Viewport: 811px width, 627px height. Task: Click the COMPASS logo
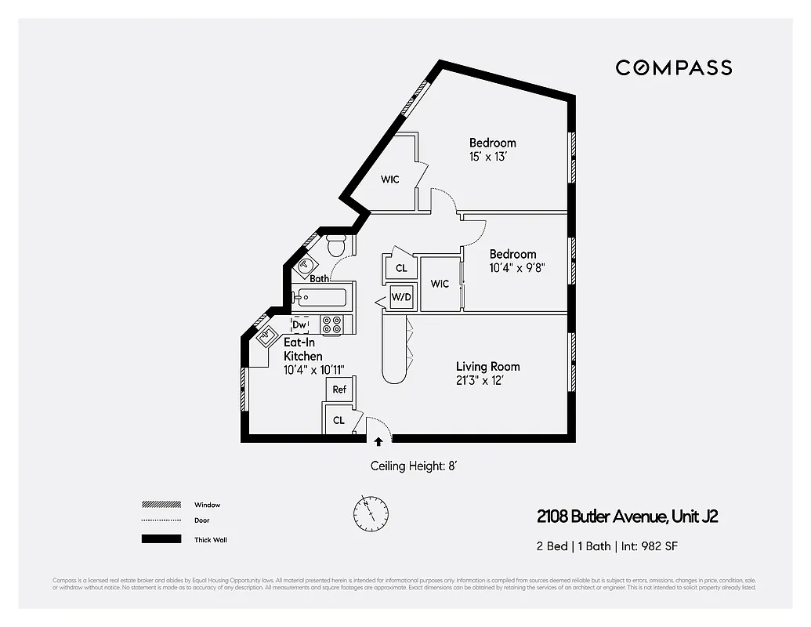(x=673, y=67)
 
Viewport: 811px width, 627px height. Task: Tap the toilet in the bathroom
(x=337, y=246)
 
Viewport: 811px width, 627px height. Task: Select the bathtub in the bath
(x=320, y=298)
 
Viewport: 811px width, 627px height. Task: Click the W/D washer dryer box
(x=401, y=297)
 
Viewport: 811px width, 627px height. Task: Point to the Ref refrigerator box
(x=339, y=390)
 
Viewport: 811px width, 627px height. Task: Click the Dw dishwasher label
(x=299, y=324)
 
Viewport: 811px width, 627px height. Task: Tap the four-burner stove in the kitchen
(x=331, y=324)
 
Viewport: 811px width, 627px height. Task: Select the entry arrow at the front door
(x=378, y=443)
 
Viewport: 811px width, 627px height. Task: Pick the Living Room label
(x=487, y=367)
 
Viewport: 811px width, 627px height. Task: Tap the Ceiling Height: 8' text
(x=413, y=466)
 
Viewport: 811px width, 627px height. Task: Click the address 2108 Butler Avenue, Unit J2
(x=627, y=516)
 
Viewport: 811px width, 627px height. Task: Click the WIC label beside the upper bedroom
(x=390, y=179)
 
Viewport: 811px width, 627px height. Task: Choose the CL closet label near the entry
(x=339, y=420)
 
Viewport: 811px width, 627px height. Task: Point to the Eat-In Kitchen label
(x=302, y=350)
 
